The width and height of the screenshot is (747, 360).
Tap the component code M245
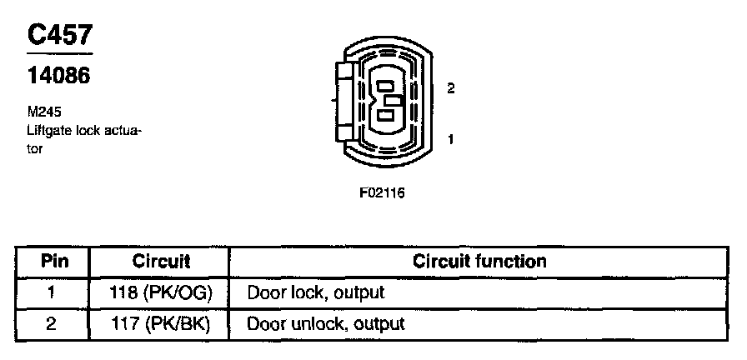click(43, 110)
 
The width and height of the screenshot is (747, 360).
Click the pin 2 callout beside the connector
click(450, 88)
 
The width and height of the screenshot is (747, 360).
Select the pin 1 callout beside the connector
click(450, 139)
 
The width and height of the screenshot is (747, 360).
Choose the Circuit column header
click(161, 262)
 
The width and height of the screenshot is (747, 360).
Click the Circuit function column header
click(479, 262)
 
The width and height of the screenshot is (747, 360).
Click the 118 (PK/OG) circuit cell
click(161, 292)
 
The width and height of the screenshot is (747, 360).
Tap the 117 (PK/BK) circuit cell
click(161, 323)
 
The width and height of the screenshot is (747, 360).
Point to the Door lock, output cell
click(315, 292)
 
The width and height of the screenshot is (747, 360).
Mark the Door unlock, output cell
click(325, 323)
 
